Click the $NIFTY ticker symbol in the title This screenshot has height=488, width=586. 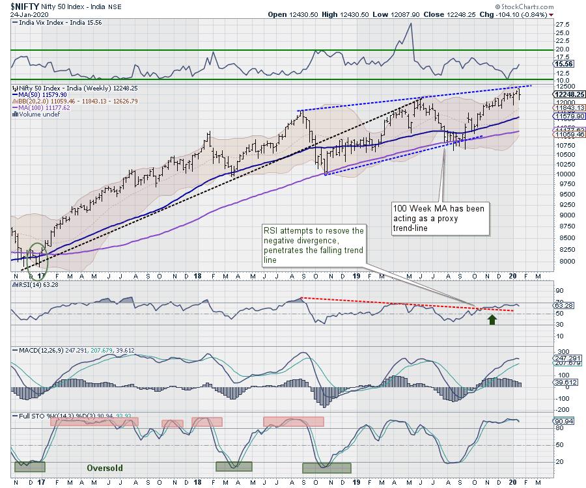pyautogui.click(x=21, y=5)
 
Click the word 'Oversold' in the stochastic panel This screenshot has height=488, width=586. pyautogui.click(x=105, y=467)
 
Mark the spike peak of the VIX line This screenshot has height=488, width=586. pyautogui.click(x=410, y=24)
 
